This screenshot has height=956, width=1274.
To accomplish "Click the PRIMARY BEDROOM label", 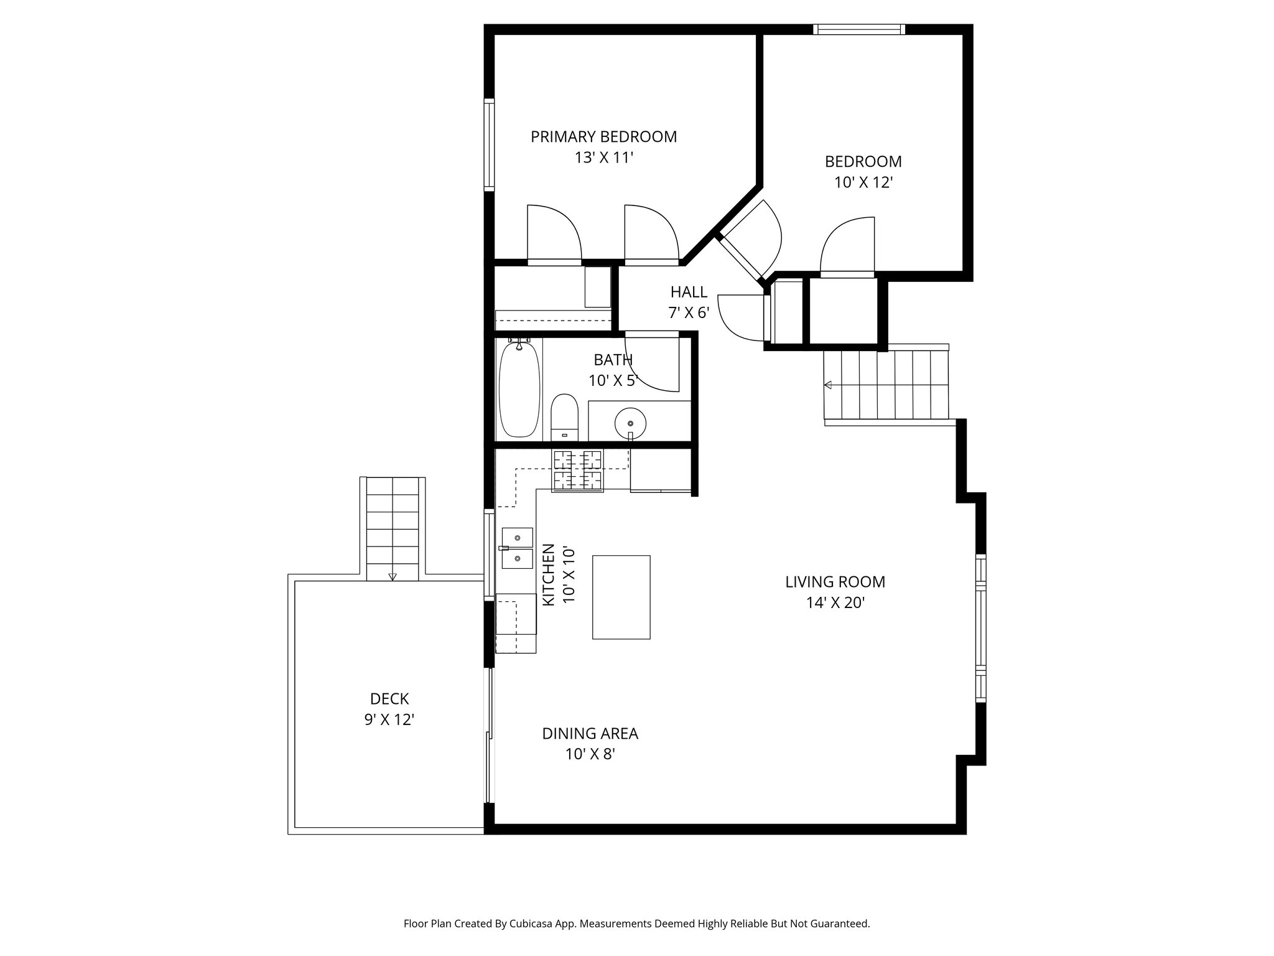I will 603,136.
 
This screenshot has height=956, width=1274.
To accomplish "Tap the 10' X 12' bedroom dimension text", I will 863,182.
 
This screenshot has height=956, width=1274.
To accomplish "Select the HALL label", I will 689,292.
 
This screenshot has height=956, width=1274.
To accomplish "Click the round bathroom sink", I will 630,424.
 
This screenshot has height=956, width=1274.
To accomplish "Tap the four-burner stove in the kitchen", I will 578,470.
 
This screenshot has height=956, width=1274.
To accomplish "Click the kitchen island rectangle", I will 621,597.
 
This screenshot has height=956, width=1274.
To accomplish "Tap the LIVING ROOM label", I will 835,582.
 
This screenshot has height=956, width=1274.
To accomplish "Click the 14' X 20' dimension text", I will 835,603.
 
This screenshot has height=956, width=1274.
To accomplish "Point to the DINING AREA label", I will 590,734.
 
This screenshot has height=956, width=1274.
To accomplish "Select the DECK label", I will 389,699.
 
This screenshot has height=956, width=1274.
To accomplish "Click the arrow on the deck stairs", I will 392,576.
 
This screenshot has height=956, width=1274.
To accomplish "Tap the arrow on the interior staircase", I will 828,385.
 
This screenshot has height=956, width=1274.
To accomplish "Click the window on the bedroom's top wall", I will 858,29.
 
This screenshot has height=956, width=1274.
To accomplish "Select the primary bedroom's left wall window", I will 489,144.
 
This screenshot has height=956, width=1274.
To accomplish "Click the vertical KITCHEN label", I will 549,574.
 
